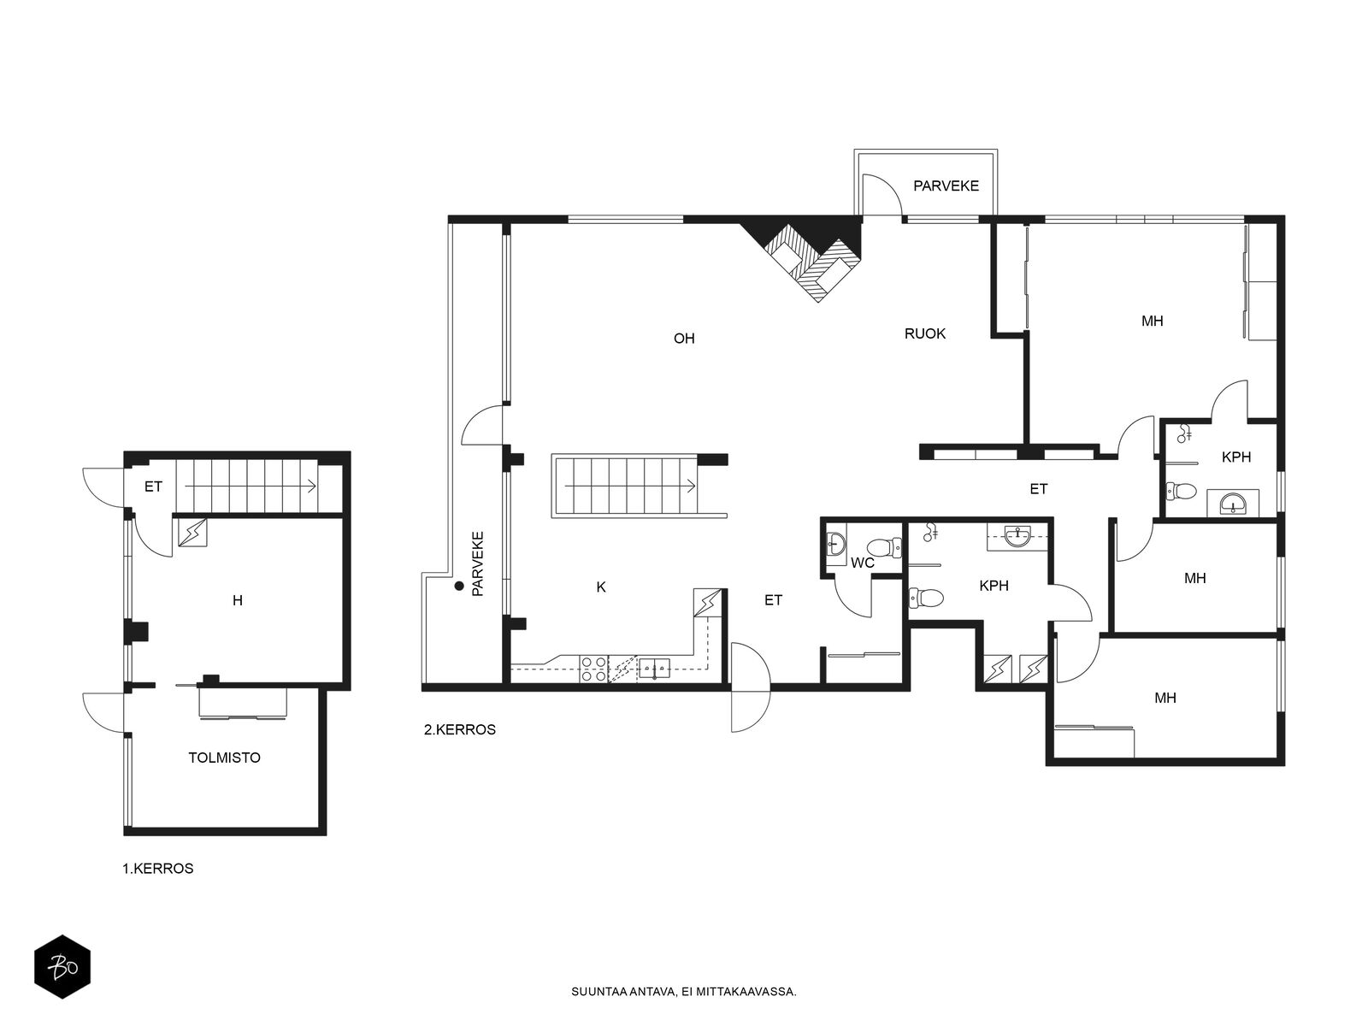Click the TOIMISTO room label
point(224,758)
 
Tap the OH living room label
point(684,339)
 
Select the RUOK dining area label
point(925,334)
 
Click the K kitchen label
point(601,587)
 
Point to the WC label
point(863,563)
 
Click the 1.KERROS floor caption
point(157,869)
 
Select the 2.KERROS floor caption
point(460,729)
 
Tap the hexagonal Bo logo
point(62,967)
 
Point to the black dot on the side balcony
point(459,586)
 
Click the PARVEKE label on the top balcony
point(946,186)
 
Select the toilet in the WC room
point(884,548)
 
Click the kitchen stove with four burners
point(593,669)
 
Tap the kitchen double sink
point(654,668)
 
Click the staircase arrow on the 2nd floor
point(629,486)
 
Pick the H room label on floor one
point(238,600)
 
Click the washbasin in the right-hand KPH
point(1232,504)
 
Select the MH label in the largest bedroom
point(1153,321)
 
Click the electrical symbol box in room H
point(192,533)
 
